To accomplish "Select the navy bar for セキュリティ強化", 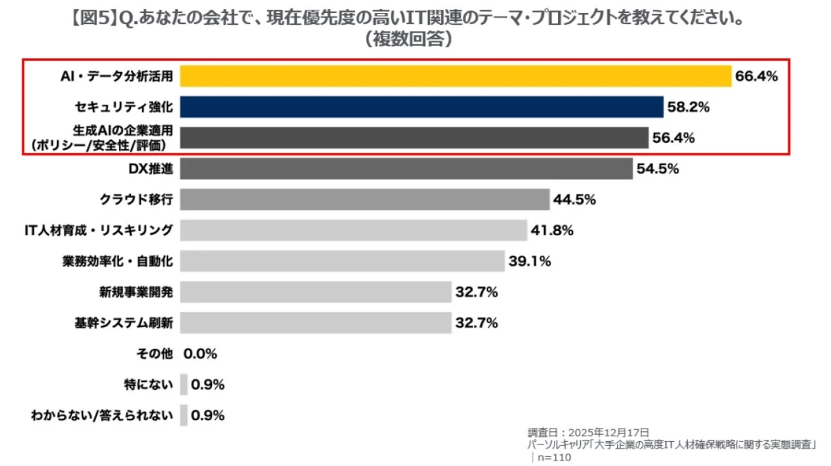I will point(422,107).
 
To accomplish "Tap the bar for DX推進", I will point(406,169).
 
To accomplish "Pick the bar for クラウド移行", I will point(365,200).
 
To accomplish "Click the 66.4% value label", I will point(756,76).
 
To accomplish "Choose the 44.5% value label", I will point(574,200).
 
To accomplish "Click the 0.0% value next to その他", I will point(200,354).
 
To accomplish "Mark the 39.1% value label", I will point(529,261).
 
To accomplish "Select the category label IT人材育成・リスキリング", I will point(98,230).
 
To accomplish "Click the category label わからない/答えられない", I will point(102,415).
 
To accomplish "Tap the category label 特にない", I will point(146,384).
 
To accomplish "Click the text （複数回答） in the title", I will point(409,40).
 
